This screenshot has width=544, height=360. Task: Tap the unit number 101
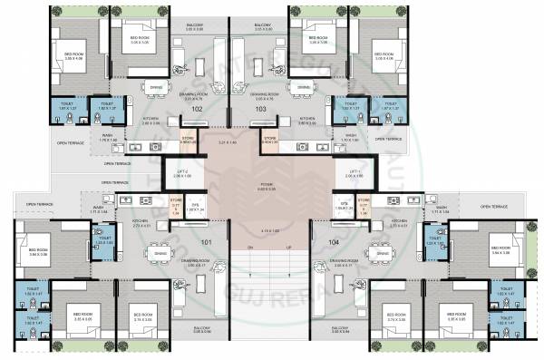coord(207,243)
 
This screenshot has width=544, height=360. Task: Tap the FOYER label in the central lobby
coord(268,185)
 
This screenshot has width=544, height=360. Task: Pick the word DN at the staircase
coord(249,246)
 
